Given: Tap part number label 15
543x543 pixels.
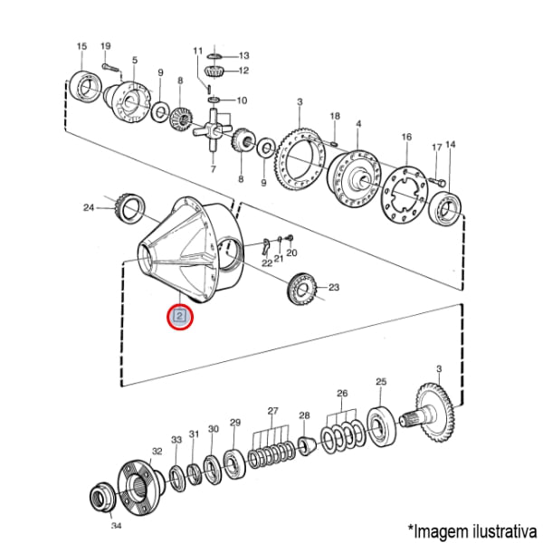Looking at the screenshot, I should coord(81,46).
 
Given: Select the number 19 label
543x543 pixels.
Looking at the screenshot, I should coord(106,46).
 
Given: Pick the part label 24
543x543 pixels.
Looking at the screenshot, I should coord(89,207).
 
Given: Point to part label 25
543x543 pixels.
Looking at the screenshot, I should coord(381,382).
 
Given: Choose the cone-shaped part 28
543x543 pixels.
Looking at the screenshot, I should coord(305,446).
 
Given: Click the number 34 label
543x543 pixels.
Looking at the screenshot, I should coord(115,525).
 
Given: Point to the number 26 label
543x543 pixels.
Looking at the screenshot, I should coord(342,394).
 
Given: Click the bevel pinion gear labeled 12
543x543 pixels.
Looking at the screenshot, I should coord(215,71).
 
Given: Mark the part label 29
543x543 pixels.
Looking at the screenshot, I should coord(235,423).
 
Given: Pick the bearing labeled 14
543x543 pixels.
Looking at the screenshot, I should coord(448,210).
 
